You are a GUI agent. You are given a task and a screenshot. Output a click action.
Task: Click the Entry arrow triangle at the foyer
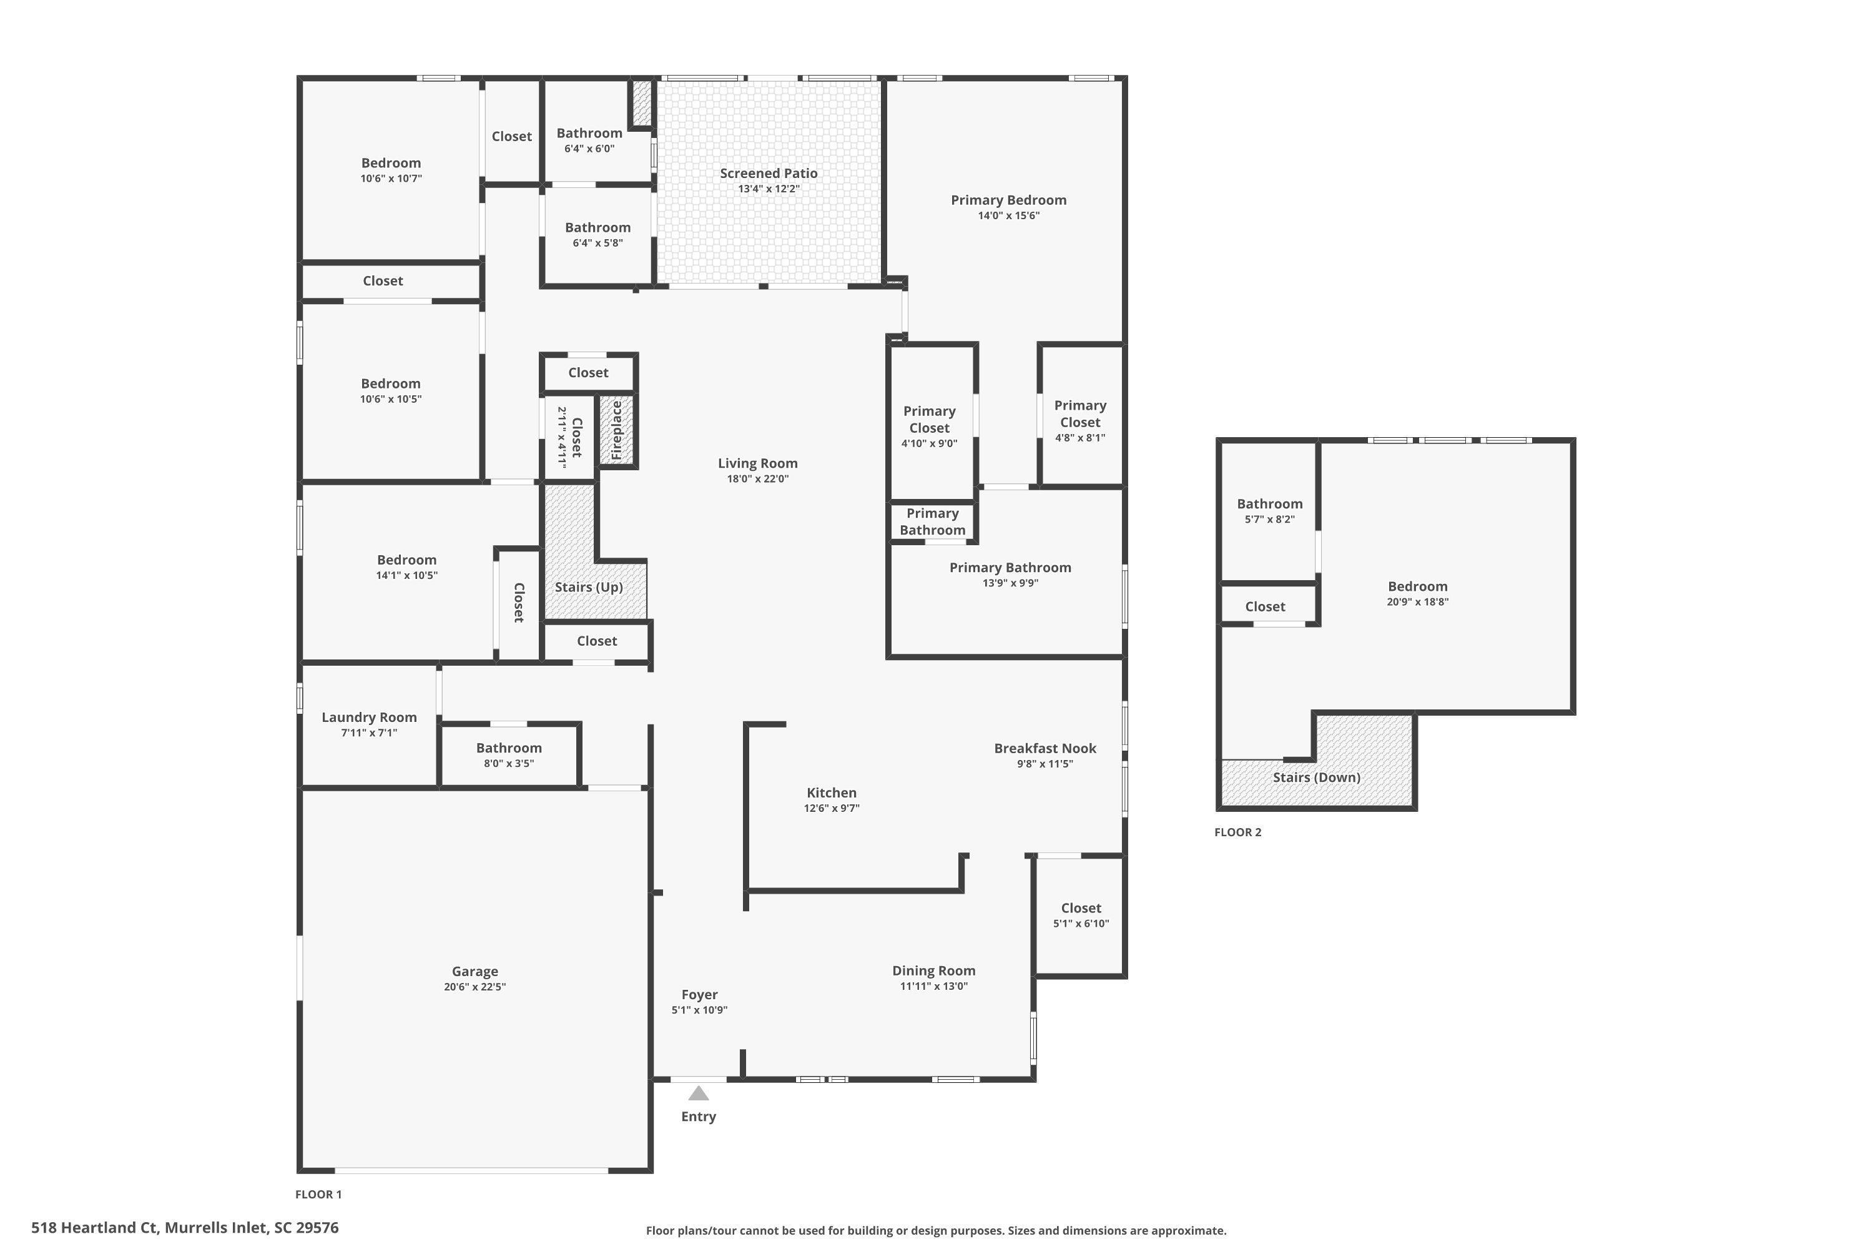pyautogui.click(x=699, y=1093)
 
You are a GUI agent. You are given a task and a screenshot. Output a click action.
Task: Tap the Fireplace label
pyautogui.click(x=616, y=430)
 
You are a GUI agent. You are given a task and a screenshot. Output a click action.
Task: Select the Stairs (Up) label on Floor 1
pyautogui.click(x=589, y=587)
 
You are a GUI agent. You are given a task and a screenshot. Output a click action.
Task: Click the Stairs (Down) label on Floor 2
pyautogui.click(x=1315, y=778)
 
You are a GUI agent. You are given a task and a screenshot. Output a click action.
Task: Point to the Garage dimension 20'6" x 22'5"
pyautogui.click(x=474, y=987)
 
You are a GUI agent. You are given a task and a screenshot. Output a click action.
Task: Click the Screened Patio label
pyautogui.click(x=769, y=173)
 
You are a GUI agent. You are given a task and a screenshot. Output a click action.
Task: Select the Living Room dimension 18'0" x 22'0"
pyautogui.click(x=757, y=479)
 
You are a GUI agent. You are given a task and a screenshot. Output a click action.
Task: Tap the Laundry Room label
pyautogui.click(x=369, y=717)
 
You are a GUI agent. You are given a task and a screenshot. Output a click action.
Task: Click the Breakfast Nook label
pyautogui.click(x=1045, y=748)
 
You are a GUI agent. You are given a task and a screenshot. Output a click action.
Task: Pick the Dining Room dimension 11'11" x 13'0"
pyautogui.click(x=933, y=986)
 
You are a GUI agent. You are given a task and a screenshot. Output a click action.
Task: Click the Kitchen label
pyautogui.click(x=832, y=792)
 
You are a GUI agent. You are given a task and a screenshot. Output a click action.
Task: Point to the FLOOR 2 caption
pyautogui.click(x=1237, y=832)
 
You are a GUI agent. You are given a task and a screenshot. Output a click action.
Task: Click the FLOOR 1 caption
pyautogui.click(x=318, y=1194)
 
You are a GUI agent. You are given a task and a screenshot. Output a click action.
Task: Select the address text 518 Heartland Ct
pyautogui.click(x=96, y=1228)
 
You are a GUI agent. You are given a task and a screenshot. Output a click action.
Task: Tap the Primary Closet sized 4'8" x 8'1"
pyautogui.click(x=1080, y=420)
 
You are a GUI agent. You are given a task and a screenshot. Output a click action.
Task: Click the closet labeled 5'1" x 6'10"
pyautogui.click(x=1081, y=916)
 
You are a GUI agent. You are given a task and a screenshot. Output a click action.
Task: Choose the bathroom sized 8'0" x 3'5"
pyautogui.click(x=509, y=754)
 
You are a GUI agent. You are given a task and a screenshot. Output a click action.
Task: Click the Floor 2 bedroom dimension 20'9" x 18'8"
pyautogui.click(x=1417, y=602)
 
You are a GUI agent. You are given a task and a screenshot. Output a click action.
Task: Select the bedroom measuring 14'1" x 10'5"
pyautogui.click(x=406, y=566)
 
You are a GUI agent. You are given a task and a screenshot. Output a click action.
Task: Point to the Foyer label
pyautogui.click(x=699, y=994)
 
